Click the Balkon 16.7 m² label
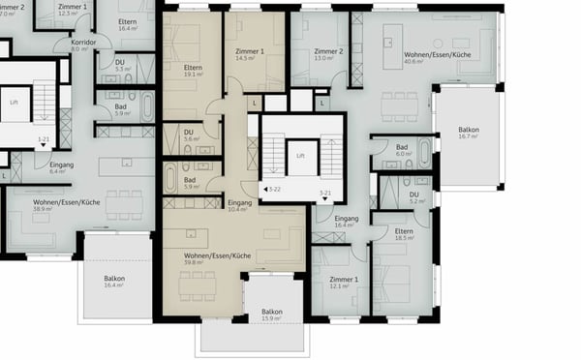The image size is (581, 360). [x=469, y=133]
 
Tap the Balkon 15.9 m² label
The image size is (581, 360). [x=271, y=315]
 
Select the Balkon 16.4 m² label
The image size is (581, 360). [x=114, y=282]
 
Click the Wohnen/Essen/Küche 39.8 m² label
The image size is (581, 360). [x=218, y=257]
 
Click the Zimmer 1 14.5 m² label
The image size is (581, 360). [x=250, y=55]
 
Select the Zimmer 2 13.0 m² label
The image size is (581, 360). [x=329, y=54]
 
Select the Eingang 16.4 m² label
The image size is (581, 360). [x=347, y=222]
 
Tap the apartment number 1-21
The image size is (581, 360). [x=44, y=140]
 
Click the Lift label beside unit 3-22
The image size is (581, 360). [x=302, y=155]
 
